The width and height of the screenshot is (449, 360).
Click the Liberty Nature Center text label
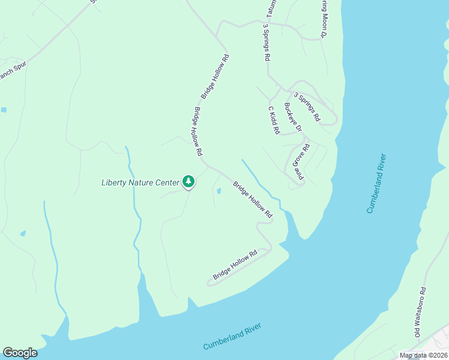tap(140, 182)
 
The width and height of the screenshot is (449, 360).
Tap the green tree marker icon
tap(188, 181)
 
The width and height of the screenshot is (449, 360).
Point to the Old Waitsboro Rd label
tap(420, 315)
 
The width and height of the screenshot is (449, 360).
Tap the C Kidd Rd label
tap(274, 120)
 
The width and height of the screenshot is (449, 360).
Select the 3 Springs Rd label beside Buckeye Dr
tap(307, 106)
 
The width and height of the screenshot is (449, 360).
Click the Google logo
tap(20, 353)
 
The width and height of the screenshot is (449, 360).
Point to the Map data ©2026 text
tap(423, 356)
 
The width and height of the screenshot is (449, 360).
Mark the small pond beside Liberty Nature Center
tap(218, 191)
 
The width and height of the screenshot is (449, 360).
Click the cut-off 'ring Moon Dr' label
tap(322, 18)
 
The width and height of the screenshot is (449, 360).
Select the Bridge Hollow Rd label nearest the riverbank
tap(235, 265)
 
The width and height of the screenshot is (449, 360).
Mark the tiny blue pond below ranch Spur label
tap(4, 110)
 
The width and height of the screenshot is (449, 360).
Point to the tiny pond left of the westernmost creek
tap(23, 233)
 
